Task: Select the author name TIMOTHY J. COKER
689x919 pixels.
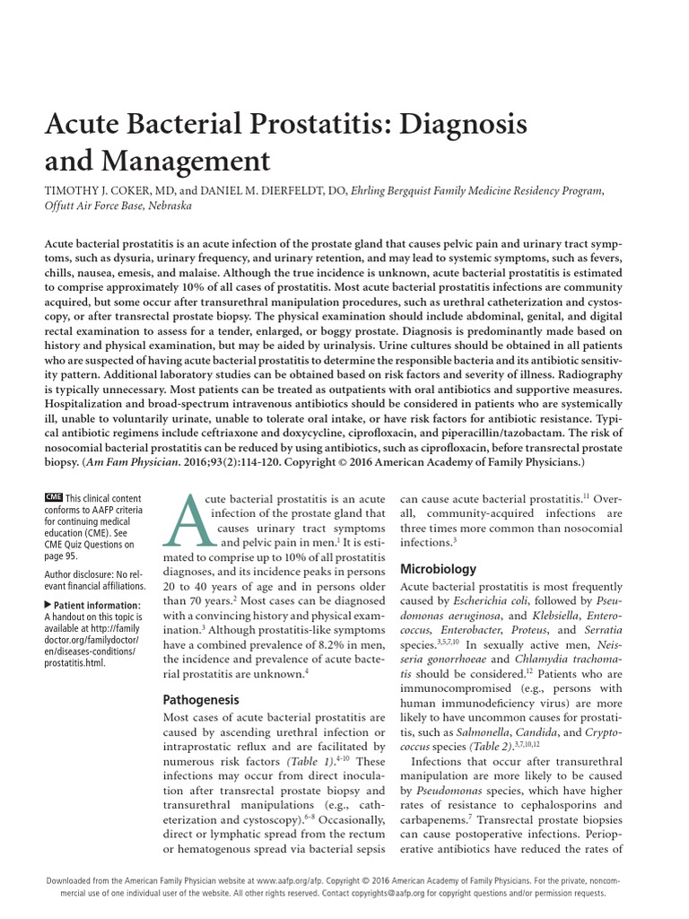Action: (x=107, y=190)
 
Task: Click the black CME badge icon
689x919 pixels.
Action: (x=53, y=497)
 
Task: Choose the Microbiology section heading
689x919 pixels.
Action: (x=438, y=569)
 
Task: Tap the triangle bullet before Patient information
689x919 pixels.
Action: (x=48, y=605)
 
